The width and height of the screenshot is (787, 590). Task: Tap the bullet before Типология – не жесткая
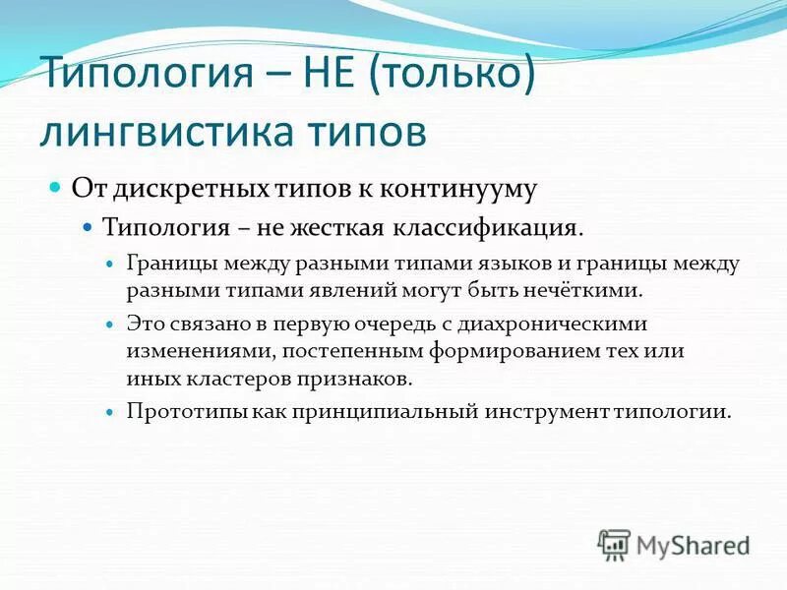88,226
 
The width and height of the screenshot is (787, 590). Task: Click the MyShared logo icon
614,544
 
